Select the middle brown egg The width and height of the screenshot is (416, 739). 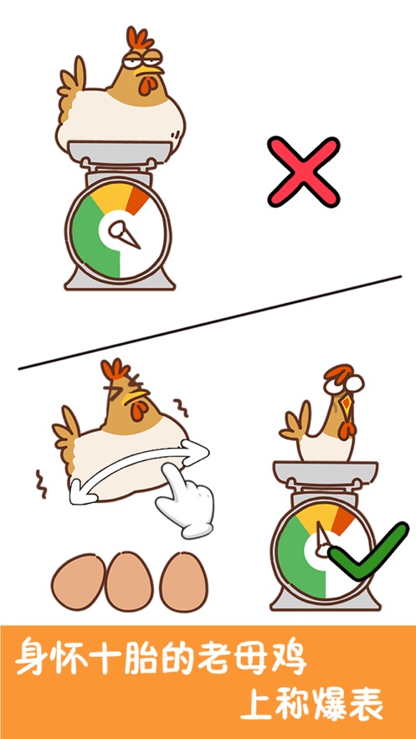[130, 582]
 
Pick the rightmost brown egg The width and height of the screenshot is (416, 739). [183, 582]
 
